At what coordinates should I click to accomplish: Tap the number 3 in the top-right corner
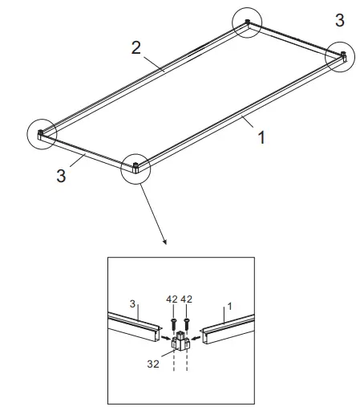340,18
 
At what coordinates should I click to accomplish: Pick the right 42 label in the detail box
188,300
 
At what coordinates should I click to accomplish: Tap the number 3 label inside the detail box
133,303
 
